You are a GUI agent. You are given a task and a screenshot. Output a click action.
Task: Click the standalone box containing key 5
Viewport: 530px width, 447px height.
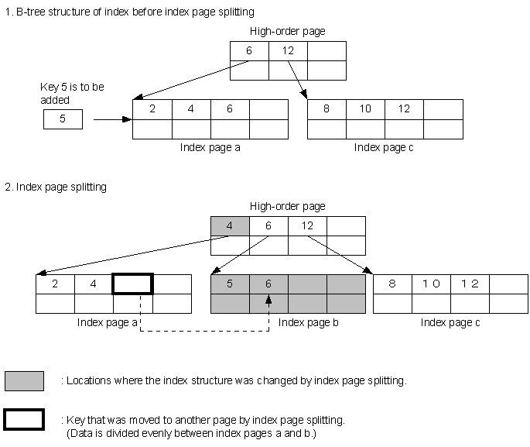click(63, 120)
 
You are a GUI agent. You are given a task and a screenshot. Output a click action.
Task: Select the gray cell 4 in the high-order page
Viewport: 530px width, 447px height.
click(230, 226)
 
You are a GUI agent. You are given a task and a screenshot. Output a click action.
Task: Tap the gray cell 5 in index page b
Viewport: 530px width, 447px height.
click(230, 284)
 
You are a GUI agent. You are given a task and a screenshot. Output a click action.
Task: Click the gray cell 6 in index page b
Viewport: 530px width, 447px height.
click(268, 284)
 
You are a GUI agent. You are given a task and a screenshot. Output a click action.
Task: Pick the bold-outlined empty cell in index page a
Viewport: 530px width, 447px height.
click(133, 284)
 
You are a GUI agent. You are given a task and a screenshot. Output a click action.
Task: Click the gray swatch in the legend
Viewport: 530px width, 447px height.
click(24, 380)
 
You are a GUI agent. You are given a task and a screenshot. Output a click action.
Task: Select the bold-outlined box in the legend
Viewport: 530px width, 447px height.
click(24, 419)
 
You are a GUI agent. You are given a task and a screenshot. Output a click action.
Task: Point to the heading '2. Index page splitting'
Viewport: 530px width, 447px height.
click(56, 187)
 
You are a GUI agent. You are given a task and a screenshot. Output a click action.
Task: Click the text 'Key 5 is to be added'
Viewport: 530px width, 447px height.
click(71, 93)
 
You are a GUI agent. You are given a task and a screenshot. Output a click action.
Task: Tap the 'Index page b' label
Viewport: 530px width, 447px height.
click(307, 322)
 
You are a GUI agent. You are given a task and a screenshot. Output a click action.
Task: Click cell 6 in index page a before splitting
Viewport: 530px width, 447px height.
click(230, 109)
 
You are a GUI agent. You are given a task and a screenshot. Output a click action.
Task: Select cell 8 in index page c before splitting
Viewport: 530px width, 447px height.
click(327, 109)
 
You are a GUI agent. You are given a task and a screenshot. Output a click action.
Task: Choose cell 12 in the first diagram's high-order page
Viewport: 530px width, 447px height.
click(288, 51)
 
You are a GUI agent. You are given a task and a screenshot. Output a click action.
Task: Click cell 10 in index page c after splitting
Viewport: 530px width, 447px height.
click(431, 284)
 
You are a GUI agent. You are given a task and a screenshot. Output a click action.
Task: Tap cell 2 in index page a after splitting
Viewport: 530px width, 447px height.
click(55, 284)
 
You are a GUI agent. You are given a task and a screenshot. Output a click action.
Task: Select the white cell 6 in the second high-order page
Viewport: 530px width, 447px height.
click(268, 226)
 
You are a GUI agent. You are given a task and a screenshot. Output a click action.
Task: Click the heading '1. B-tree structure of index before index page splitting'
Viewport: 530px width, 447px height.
click(129, 13)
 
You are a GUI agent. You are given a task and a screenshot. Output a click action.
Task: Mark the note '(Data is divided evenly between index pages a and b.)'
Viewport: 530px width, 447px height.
click(191, 433)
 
